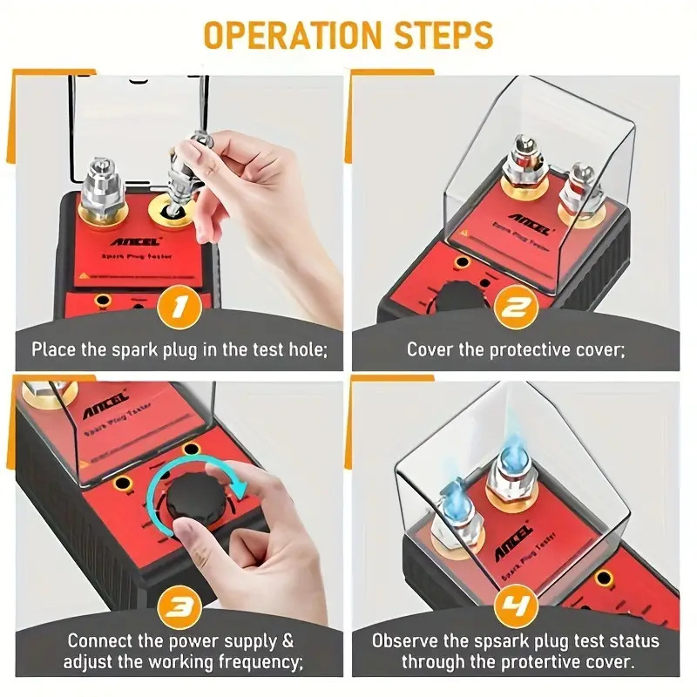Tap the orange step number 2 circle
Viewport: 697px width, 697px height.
pyautogui.click(x=517, y=308)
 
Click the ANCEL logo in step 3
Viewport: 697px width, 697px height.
pyautogui.click(x=105, y=403)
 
